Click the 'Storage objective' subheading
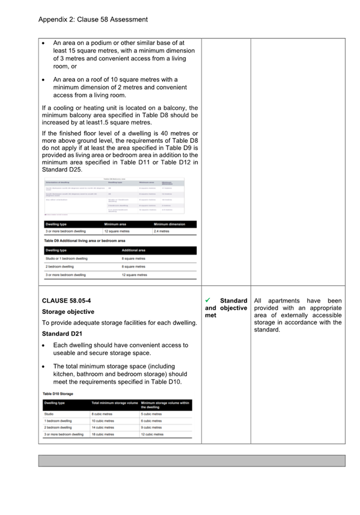(x=68, y=312)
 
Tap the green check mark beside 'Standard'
(x=209, y=300)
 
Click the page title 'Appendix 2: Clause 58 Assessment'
(x=93, y=19)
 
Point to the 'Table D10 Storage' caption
(x=58, y=393)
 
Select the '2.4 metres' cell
(x=161, y=231)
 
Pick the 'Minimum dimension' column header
(x=169, y=224)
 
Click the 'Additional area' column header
(x=134, y=250)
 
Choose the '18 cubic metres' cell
(x=103, y=434)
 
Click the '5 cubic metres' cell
(x=152, y=414)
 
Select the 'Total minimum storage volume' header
(x=115, y=403)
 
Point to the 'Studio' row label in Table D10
(x=50, y=414)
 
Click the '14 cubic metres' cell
(x=103, y=427)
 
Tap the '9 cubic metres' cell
(x=152, y=427)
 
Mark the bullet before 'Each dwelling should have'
(x=45, y=345)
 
